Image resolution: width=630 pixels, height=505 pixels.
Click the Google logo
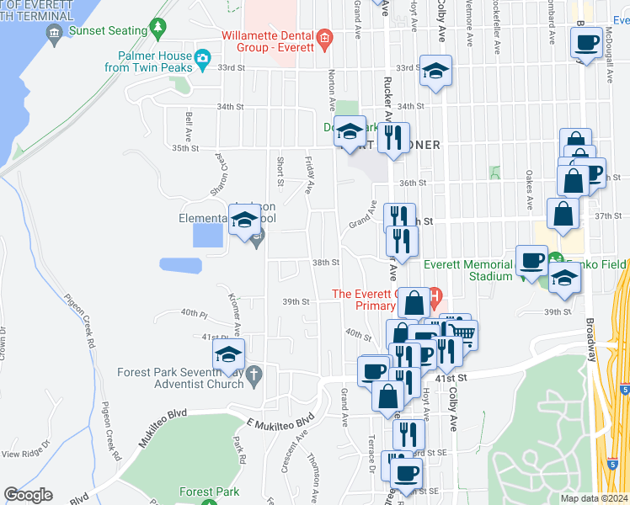(28, 495)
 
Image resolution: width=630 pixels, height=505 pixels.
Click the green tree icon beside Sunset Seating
(157, 29)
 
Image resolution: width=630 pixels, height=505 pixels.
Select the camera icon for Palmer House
(202, 59)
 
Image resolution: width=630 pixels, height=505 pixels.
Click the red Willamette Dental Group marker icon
(324, 39)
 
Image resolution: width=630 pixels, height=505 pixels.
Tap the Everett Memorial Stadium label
(467, 269)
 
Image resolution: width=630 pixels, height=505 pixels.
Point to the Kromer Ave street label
(235, 311)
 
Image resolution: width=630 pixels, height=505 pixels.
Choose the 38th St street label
(326, 263)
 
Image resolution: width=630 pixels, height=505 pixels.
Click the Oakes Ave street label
(529, 190)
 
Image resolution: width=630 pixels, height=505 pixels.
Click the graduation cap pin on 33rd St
(435, 71)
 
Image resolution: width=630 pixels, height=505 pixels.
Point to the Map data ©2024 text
(595, 498)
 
